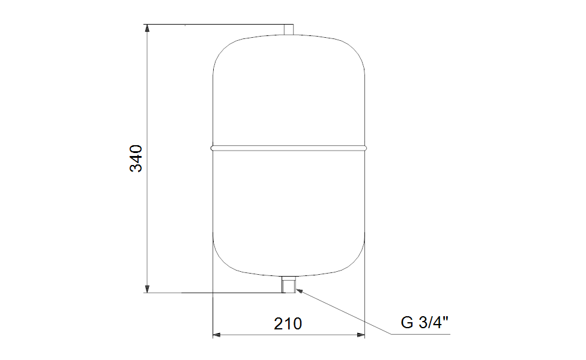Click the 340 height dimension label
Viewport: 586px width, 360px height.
(x=136, y=158)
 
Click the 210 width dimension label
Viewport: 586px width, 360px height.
(x=288, y=324)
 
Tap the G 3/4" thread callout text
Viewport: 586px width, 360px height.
(x=424, y=322)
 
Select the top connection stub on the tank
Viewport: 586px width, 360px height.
(x=289, y=30)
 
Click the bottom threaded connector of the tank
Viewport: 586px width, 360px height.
(x=289, y=284)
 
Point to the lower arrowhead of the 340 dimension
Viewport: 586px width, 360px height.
(x=147, y=289)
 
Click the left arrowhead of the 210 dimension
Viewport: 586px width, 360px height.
(x=217, y=335)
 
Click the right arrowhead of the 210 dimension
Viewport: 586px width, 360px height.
(x=361, y=335)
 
